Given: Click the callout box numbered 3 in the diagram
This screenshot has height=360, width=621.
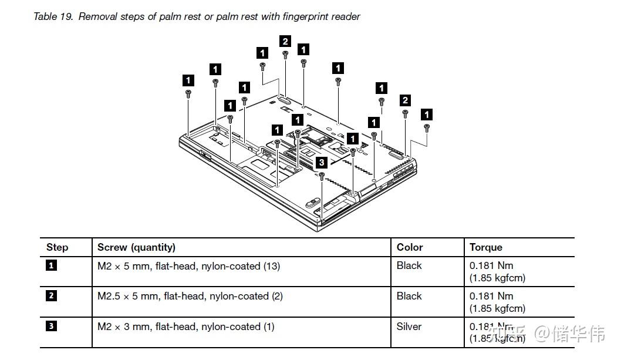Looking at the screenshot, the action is point(322,162).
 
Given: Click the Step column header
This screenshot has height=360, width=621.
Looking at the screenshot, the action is point(57,247).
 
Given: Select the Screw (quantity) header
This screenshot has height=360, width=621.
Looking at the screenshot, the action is point(136,247).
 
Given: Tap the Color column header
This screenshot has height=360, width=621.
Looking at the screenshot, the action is point(410,247).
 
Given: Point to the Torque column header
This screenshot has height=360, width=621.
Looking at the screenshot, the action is point(485,247).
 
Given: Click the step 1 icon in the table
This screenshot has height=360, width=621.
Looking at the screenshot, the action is point(51,265).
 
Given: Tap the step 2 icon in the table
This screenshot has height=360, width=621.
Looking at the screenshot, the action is point(51,296).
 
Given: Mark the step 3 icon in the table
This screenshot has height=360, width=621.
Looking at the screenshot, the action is point(51,326).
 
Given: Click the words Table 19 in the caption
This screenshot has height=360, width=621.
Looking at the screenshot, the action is point(53,16).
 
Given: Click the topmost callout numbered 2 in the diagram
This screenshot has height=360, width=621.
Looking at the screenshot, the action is point(285,41).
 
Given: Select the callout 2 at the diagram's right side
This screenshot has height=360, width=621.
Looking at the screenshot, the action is point(405,100).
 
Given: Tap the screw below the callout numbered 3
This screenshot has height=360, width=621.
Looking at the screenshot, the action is point(322,176).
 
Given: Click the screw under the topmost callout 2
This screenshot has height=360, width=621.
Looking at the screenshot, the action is point(285,55).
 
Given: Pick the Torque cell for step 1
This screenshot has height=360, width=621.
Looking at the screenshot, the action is point(497,271).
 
